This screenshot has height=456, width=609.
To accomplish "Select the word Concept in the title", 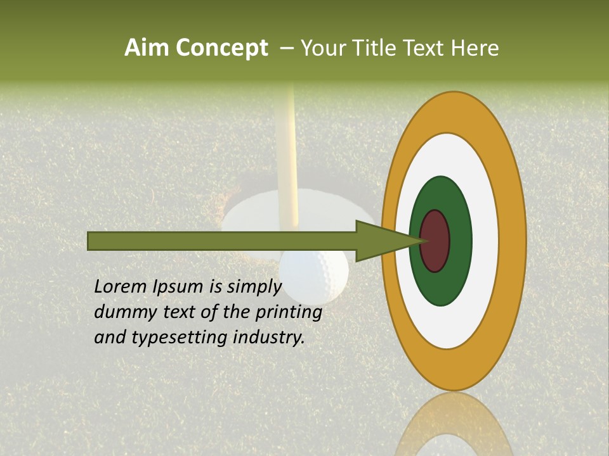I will tap(222, 48).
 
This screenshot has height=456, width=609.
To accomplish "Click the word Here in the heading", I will tap(475, 48).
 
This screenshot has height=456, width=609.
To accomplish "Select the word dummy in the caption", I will tap(122, 312).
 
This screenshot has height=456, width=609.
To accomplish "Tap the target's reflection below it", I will tap(454, 424).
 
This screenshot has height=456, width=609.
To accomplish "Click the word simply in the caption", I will tap(253, 287).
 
